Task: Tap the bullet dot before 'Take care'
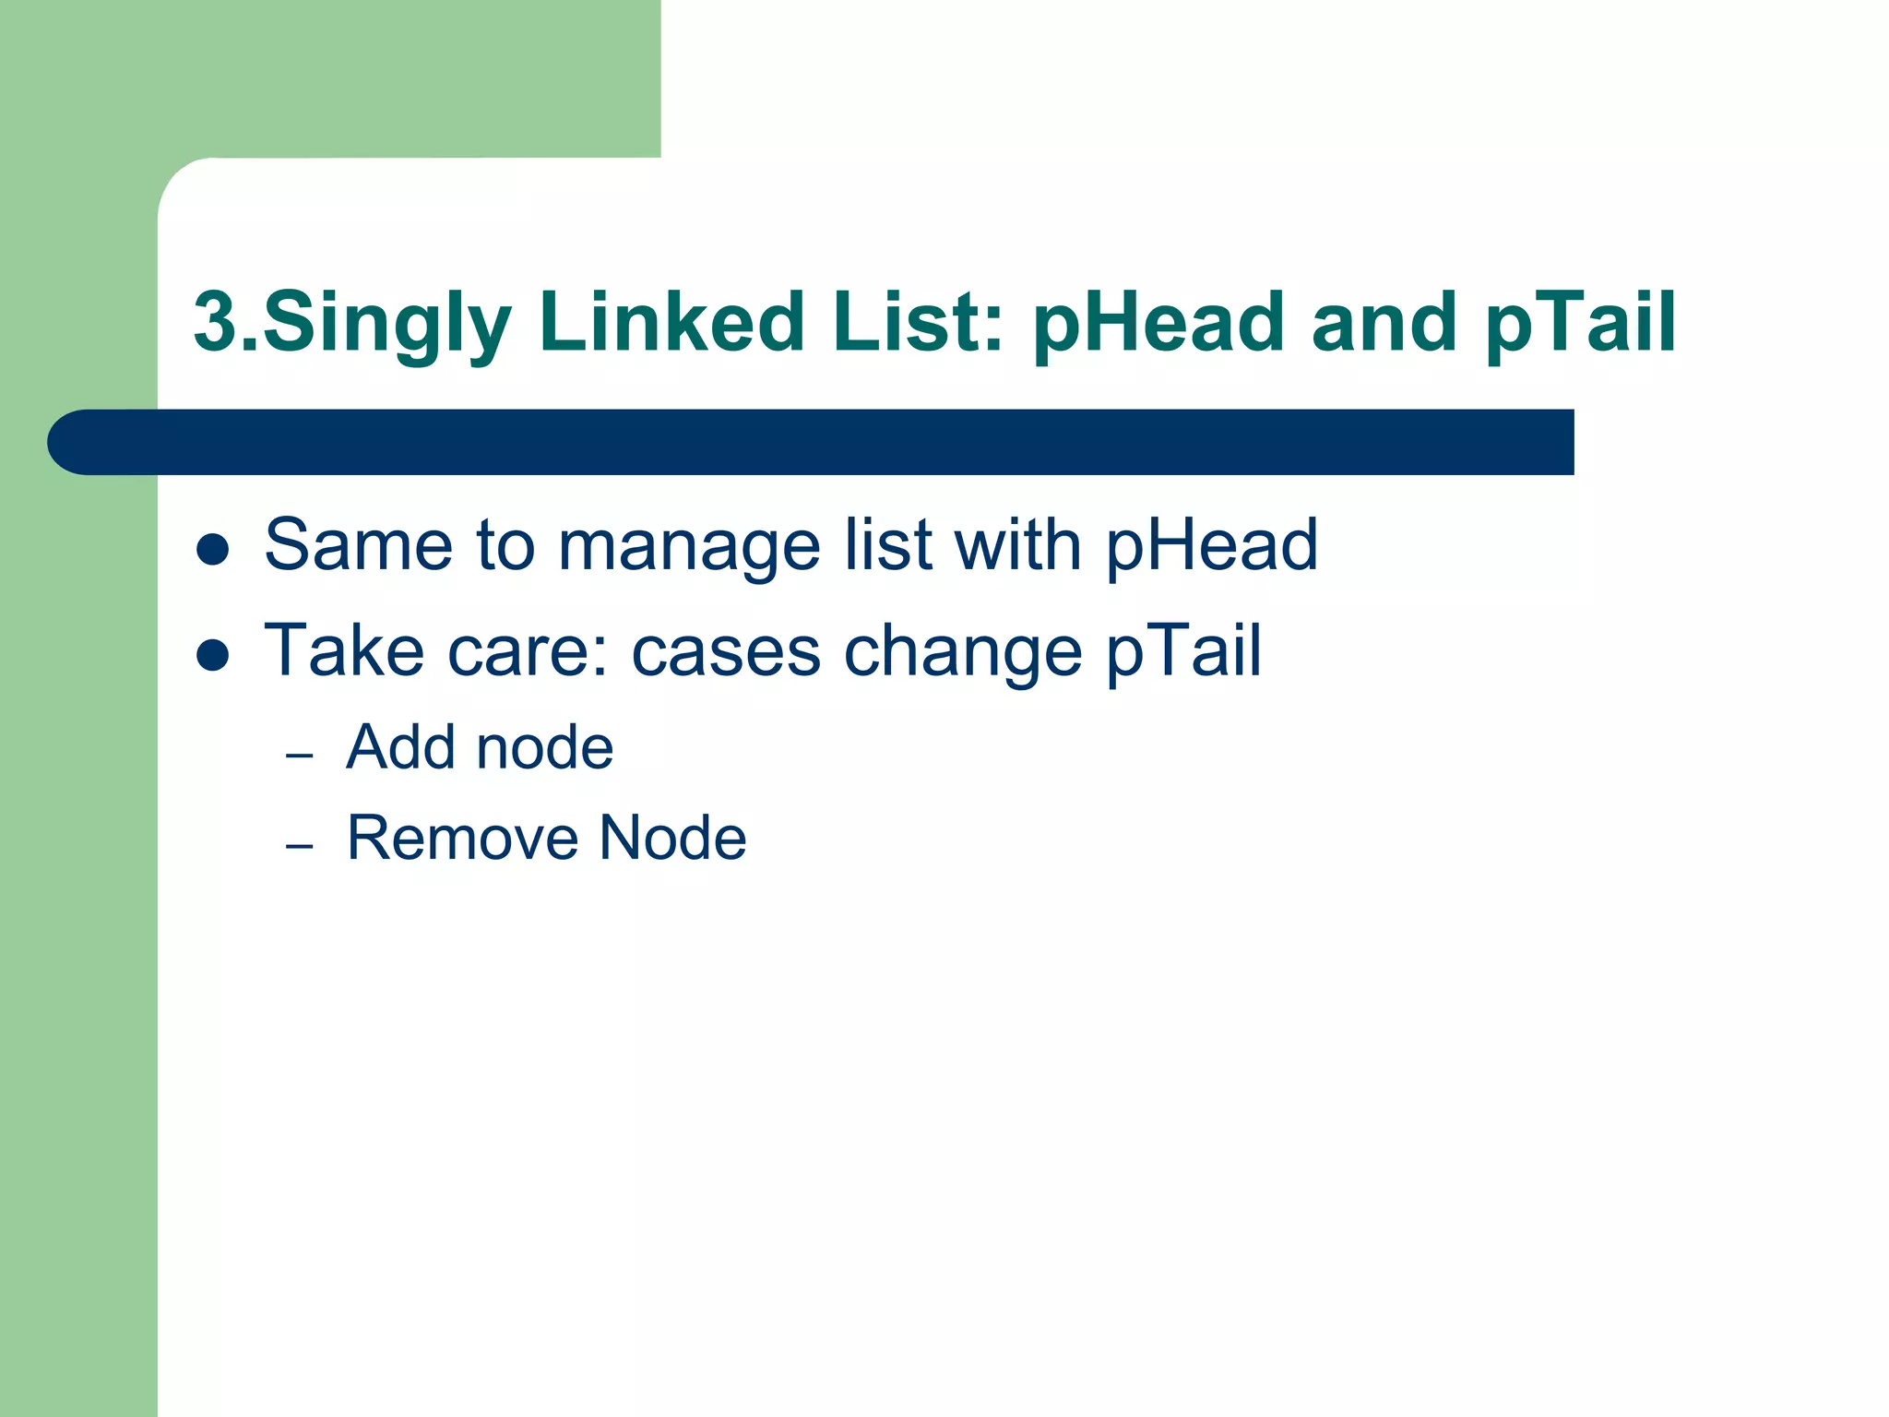[x=213, y=655]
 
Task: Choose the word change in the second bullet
[x=963, y=653]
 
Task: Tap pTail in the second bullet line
[x=1183, y=651]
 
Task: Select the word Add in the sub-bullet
[x=400, y=746]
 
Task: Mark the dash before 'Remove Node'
[x=300, y=846]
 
